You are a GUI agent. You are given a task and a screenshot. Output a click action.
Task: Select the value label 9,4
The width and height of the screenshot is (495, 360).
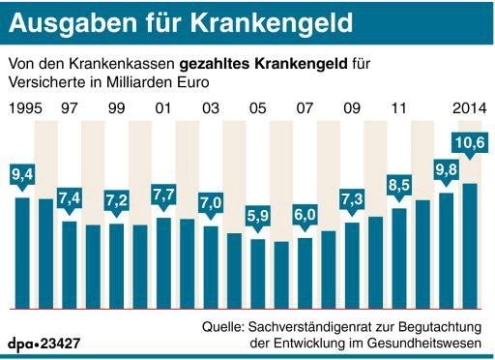[21, 175]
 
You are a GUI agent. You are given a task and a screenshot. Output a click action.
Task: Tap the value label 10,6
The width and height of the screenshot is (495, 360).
[470, 145]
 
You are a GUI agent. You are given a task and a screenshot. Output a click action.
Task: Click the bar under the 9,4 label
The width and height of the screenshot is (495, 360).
[21, 252]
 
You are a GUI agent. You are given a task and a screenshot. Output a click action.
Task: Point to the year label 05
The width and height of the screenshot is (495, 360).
[257, 105]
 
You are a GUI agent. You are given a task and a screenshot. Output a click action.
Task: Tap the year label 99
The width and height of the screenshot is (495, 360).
[116, 105]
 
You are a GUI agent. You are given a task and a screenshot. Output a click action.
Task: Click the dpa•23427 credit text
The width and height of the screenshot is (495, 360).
[45, 343]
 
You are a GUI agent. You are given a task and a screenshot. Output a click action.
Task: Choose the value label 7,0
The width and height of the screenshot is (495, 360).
[210, 205]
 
